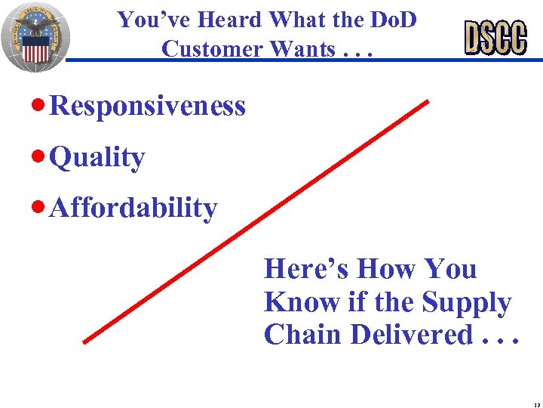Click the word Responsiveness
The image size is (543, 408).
pos(148,107)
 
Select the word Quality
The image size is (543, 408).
pos(97,158)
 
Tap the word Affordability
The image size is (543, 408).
pos(133,207)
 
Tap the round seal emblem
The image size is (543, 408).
pos(35,36)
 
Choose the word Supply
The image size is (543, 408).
pos(465,302)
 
